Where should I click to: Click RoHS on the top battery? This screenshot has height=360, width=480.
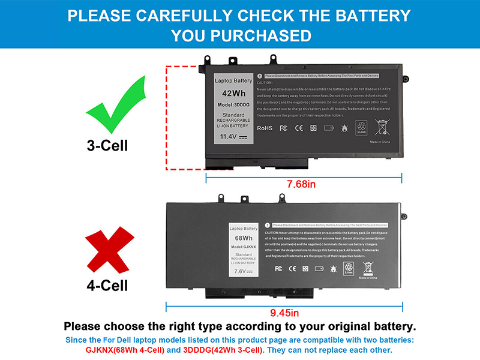click(265, 128)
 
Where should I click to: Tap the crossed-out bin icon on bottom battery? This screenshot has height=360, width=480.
click(368, 267)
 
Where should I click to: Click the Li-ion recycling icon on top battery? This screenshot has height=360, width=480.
click(361, 127)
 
